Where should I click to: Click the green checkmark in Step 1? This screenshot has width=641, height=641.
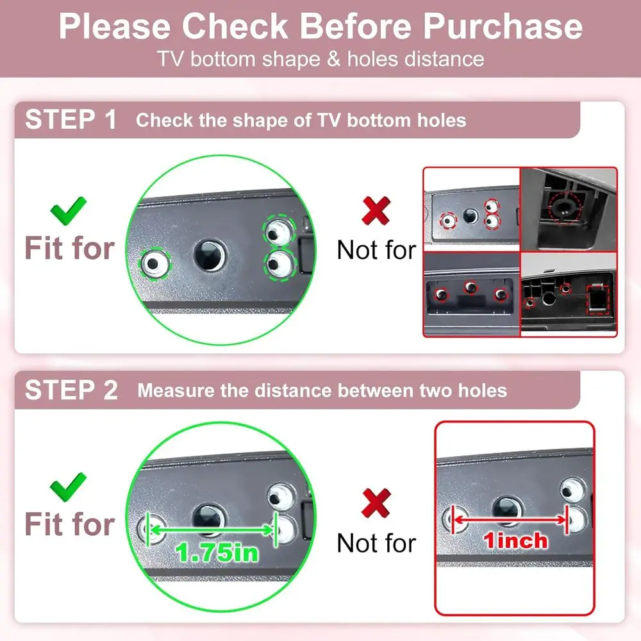[x=69, y=209]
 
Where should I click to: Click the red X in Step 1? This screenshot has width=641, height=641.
[x=376, y=210]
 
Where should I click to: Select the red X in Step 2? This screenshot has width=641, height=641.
[x=376, y=503]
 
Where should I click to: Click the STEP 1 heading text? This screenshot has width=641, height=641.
[x=71, y=120]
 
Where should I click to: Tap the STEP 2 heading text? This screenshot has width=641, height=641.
[x=71, y=390]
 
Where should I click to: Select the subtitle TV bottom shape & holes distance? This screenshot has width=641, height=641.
[x=320, y=59]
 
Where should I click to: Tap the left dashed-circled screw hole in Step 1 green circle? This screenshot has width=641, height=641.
[x=154, y=262]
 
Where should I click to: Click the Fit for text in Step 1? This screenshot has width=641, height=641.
[x=70, y=248]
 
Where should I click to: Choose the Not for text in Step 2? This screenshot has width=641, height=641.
[x=376, y=544]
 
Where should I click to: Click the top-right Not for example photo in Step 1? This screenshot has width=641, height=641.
[x=568, y=208]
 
